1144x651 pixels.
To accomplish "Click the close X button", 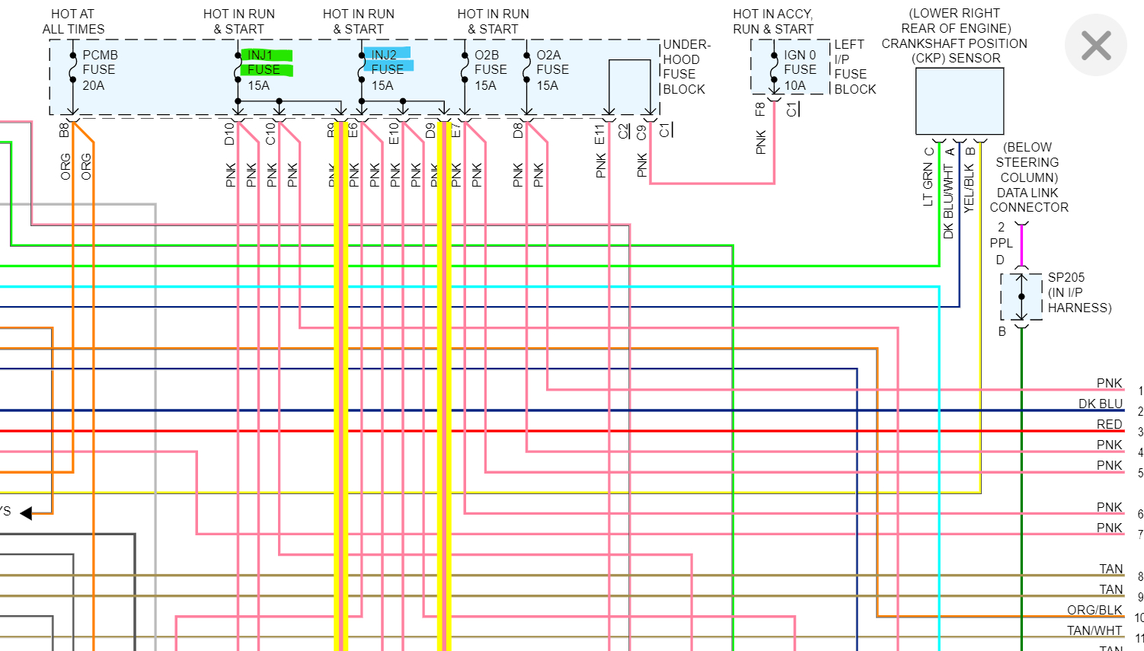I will click(x=1096, y=46).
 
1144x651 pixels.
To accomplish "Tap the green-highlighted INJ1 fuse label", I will click(x=265, y=62).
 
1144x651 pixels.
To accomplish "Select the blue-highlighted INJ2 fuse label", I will click(x=388, y=61).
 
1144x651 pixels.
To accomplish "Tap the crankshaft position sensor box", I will click(x=959, y=101).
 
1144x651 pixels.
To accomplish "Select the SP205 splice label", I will click(x=1066, y=278).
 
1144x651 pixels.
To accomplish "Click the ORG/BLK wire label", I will click(x=1094, y=610).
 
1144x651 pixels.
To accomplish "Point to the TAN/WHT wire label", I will click(x=1094, y=630).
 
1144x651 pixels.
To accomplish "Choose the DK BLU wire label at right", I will click(x=1100, y=404).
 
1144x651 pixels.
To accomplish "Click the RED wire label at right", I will click(x=1109, y=424).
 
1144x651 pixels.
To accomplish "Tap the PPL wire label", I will click(x=1001, y=243).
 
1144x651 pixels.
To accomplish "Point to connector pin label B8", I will click(x=64, y=130).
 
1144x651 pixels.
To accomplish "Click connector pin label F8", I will click(x=760, y=109).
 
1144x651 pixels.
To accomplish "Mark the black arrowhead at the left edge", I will click(x=26, y=513).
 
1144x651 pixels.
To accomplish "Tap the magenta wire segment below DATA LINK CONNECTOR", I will click(x=1021, y=245).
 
